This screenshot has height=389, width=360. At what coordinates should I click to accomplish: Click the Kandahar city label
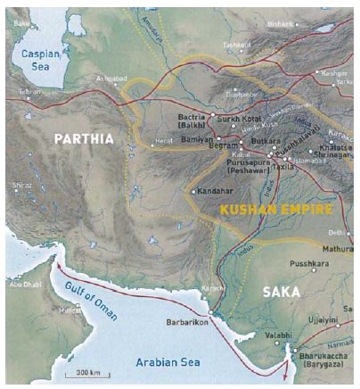tap(217, 191)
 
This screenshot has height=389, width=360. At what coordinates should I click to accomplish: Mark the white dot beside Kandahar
tap(193, 191)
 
